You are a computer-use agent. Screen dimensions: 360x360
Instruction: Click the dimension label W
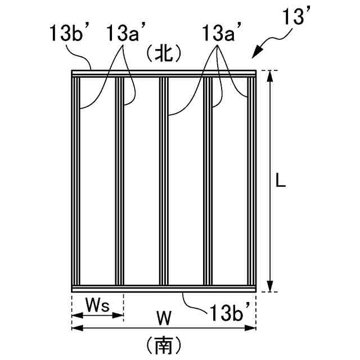pos(163,319)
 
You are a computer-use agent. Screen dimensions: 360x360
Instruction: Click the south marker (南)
pos(163,344)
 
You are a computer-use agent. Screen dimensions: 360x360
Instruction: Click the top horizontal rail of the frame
pos(163,73)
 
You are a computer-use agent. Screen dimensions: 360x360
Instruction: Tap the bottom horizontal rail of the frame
pos(163,289)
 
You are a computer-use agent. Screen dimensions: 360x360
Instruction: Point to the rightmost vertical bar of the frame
pos(251,180)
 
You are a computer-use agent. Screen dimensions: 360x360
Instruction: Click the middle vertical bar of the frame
pos(163,180)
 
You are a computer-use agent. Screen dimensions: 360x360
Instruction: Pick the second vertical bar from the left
pos(119,180)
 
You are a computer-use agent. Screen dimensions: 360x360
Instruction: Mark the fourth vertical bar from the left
pos(208,180)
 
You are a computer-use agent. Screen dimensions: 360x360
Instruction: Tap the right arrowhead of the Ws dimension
pos(120,315)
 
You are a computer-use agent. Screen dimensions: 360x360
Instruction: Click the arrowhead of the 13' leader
pos(254,55)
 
